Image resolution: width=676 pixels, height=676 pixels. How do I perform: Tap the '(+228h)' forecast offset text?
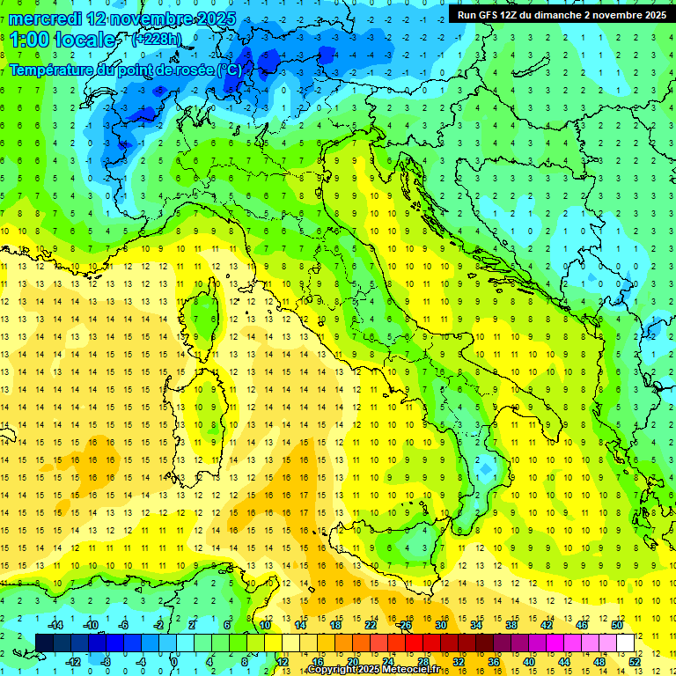156,39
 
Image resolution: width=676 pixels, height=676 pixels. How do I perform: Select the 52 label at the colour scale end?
636,662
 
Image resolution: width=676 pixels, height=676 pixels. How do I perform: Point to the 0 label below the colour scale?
174,662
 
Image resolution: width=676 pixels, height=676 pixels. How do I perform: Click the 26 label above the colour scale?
404,625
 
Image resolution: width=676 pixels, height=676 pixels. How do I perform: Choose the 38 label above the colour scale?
511,625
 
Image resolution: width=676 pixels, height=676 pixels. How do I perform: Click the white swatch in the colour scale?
625,643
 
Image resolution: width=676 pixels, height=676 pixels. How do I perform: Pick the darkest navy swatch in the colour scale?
44,643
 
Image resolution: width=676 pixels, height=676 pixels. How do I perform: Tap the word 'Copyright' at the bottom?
333,670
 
